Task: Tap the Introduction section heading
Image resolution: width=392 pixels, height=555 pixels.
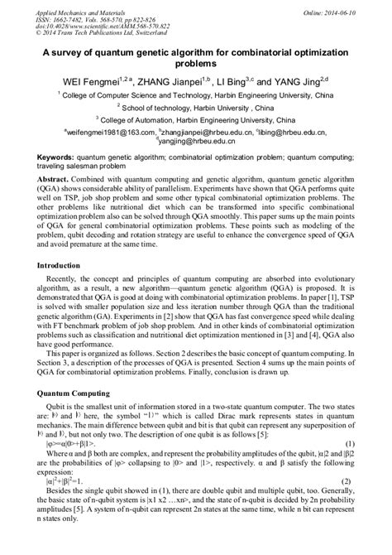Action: click(x=62, y=266)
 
